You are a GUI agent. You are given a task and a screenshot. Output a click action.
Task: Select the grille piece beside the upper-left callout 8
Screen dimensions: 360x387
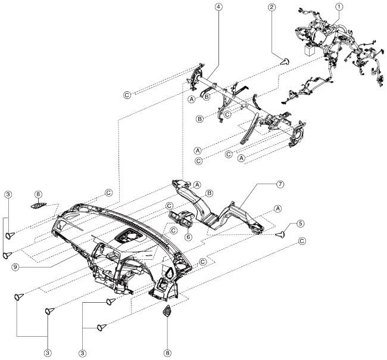pyautogui.click(x=40, y=206)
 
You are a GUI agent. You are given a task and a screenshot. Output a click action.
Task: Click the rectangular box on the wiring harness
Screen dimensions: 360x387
pyautogui.click(x=310, y=51)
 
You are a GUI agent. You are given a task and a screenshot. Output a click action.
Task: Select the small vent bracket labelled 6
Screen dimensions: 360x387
pyautogui.click(x=179, y=218)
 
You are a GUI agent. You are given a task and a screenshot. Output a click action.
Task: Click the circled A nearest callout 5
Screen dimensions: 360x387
pyautogui.click(x=277, y=208)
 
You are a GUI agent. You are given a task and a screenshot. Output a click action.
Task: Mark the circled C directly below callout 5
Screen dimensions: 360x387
pyautogui.click(x=302, y=241)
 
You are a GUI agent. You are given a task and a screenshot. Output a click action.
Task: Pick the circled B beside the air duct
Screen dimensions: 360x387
pyautogui.click(x=209, y=193)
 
